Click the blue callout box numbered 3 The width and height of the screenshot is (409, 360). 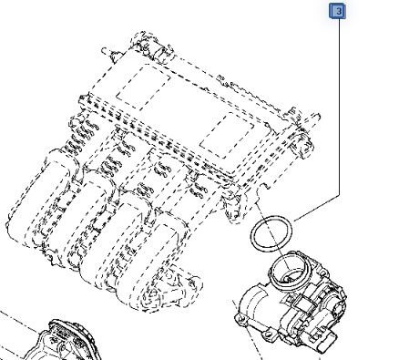tap(337, 11)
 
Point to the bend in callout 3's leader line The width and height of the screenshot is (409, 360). tap(340, 195)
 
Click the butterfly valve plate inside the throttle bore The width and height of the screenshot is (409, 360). tap(289, 277)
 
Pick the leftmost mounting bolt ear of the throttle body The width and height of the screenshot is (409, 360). tap(240, 319)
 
